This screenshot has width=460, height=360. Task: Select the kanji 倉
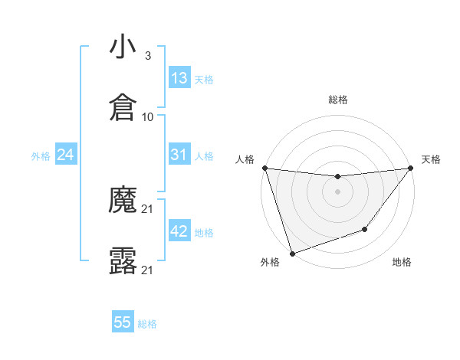[x=123, y=108]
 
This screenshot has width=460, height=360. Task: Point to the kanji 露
[x=123, y=261]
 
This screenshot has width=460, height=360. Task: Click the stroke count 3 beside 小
[x=147, y=56]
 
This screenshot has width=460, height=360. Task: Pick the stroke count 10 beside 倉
[x=148, y=117]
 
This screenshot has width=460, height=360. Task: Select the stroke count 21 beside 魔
[x=148, y=209]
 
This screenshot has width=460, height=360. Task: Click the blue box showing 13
[x=179, y=78]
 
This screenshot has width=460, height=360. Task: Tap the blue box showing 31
[x=179, y=155]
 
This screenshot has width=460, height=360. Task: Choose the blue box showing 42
[x=179, y=231]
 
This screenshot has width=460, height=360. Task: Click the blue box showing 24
[x=66, y=155]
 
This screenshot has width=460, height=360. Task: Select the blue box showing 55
[x=123, y=322]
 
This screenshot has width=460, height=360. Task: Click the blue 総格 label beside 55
[x=147, y=324]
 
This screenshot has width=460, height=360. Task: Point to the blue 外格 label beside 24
[x=41, y=156]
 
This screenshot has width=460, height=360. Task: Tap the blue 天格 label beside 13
[x=204, y=79]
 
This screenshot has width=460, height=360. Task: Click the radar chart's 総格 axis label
[x=338, y=100]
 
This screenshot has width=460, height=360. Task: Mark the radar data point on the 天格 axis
[x=411, y=169]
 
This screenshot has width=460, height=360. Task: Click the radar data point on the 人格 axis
[x=264, y=168]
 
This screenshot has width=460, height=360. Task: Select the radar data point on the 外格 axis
[x=292, y=253]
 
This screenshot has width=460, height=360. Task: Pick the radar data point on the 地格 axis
[x=366, y=229]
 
